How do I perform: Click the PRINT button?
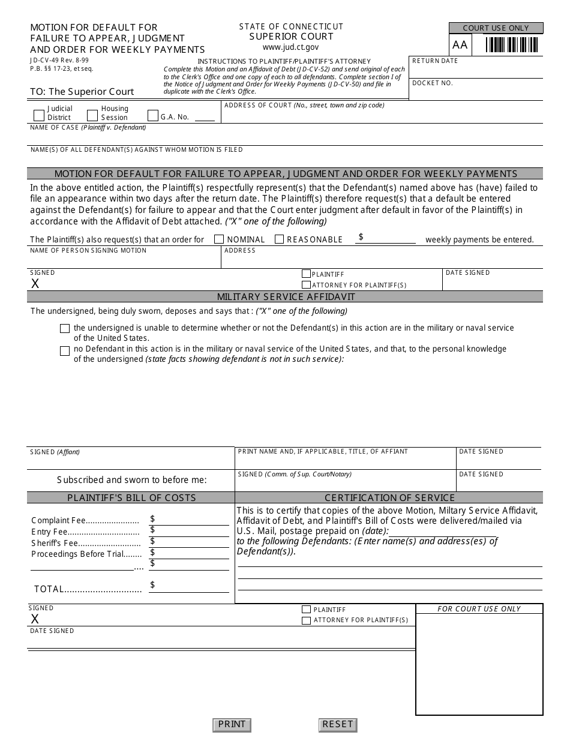232,724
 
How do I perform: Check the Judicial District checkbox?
39,115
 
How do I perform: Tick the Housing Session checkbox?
92,115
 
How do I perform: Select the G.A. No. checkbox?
153,115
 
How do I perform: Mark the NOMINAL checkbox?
219,239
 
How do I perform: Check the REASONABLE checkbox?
279,239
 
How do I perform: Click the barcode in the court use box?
511,45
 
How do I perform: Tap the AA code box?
460,45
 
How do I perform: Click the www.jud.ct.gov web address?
291,47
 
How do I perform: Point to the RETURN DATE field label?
435,61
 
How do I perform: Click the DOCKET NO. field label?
433,83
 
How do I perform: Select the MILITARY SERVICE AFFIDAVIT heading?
286,297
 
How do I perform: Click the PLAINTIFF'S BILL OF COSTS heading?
131,498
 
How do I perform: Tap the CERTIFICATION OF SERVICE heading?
390,498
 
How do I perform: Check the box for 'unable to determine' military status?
65,329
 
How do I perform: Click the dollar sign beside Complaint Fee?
153,518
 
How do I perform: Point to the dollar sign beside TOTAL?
153,585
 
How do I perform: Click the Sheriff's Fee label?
49,543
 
